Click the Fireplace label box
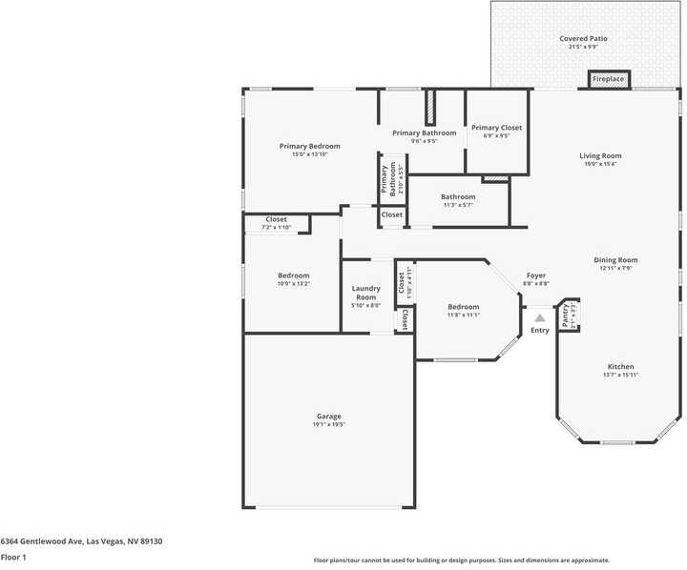[608, 79]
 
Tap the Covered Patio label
[583, 39]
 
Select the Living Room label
[600, 155]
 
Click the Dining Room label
[616, 259]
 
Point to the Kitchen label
[620, 367]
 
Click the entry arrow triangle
[539, 318]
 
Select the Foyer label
[536, 275]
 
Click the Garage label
[329, 416]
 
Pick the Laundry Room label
[366, 293]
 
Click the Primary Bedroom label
[309, 146]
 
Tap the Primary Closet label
[496, 128]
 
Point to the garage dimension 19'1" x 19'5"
[329, 424]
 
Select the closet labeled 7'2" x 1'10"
[276, 223]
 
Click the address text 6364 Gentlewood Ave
[81, 540]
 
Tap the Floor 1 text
[13, 556]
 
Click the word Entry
[540, 330]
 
